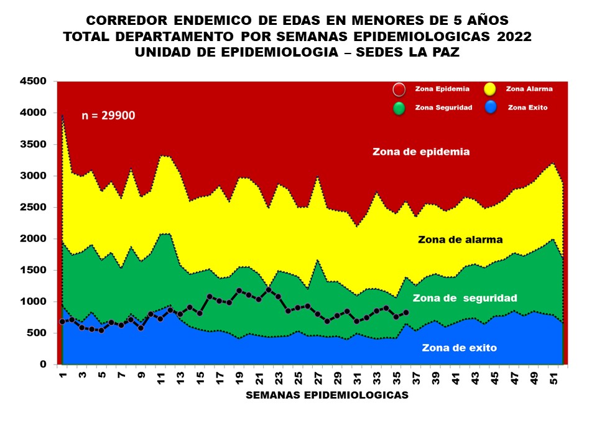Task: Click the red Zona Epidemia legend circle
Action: (x=399, y=89)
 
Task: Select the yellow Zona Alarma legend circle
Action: (x=489, y=89)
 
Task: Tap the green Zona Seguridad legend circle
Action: (x=399, y=108)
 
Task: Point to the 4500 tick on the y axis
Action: (x=33, y=82)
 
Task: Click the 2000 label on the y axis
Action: (x=33, y=239)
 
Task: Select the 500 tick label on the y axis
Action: (x=37, y=334)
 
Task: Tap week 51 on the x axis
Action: (x=554, y=380)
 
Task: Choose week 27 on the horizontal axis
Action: (x=318, y=380)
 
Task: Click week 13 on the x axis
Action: (x=180, y=380)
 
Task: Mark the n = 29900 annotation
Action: (x=109, y=115)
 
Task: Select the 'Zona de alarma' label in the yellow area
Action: (x=460, y=240)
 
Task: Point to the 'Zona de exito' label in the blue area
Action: (x=459, y=348)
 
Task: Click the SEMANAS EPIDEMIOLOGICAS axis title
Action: (x=327, y=395)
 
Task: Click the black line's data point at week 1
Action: (x=62, y=322)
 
